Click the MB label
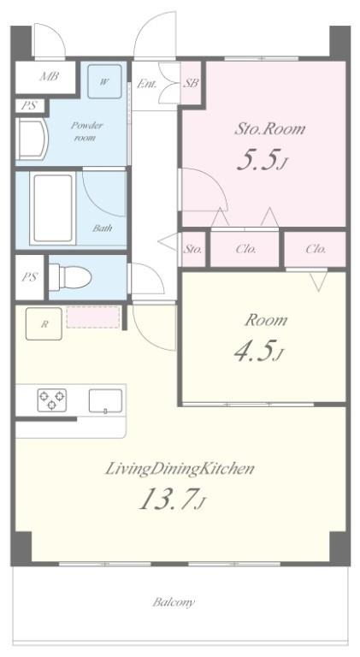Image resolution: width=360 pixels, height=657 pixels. pyautogui.click(x=50, y=77)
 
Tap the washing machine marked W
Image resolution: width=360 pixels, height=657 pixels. pyautogui.click(x=104, y=81)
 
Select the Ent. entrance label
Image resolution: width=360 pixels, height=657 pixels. pyautogui.click(x=147, y=84)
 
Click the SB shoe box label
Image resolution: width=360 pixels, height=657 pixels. pyautogui.click(x=191, y=83)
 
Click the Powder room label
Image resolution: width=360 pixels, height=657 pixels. pyautogui.click(x=86, y=131)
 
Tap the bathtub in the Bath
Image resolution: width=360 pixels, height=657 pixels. pyautogui.click(x=53, y=208)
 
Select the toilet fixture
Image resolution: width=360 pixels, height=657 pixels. pyautogui.click(x=70, y=277)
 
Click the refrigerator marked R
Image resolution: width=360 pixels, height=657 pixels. pyautogui.click(x=44, y=323)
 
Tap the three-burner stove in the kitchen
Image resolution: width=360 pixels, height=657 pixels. pyautogui.click(x=52, y=400)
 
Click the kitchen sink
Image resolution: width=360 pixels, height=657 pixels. pyautogui.click(x=105, y=401)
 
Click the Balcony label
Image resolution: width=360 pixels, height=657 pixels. pyautogui.click(x=174, y=602)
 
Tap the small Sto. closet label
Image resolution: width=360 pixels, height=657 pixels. pyautogui.click(x=193, y=249)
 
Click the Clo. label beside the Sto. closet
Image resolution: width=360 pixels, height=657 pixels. pyautogui.click(x=245, y=249)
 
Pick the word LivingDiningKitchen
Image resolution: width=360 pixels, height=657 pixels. pyautogui.click(x=180, y=469)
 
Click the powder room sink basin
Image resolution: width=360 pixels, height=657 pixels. pyautogui.click(x=32, y=139)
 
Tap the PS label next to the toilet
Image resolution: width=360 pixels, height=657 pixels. pyautogui.click(x=30, y=277)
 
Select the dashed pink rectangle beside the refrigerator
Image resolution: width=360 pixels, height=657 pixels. pyautogui.click(x=93, y=317)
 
